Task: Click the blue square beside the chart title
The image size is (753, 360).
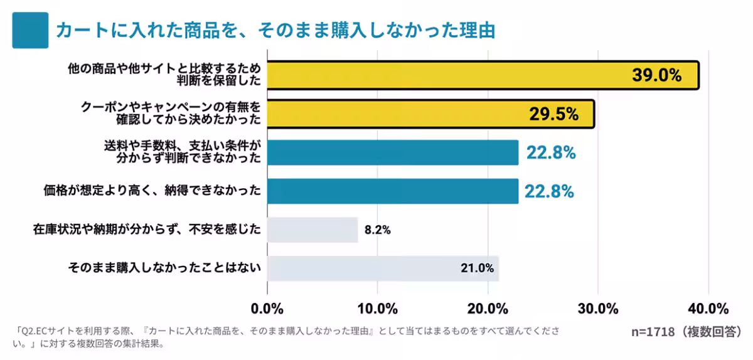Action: point(30,30)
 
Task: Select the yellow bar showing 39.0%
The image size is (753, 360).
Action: point(439,75)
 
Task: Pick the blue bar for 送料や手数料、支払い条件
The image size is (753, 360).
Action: point(393,152)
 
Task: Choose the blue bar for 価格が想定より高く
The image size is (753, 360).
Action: point(393,191)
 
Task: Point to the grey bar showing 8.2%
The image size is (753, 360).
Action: point(312,230)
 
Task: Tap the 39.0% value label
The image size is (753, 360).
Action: point(656,75)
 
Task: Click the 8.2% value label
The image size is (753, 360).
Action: point(378,230)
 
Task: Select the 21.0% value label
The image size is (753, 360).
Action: point(477,268)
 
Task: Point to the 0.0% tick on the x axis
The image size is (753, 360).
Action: point(268,309)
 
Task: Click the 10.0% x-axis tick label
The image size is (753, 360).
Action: point(378,309)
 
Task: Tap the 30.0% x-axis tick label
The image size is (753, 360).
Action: point(598,309)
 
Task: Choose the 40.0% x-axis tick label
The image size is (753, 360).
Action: point(708,309)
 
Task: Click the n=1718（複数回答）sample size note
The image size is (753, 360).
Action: point(686,331)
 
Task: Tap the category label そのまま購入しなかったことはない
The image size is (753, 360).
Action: point(164,268)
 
